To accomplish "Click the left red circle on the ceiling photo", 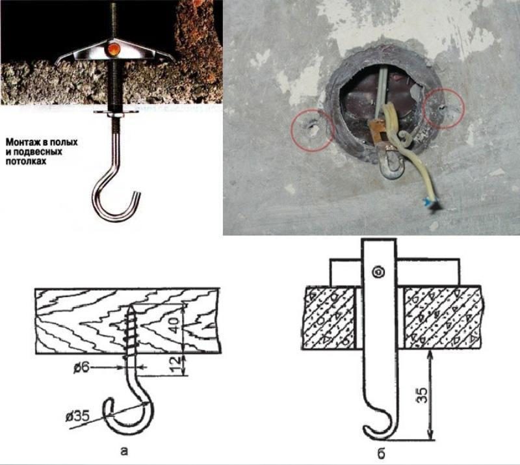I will coord(313,129).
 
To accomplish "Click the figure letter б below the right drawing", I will coord(381,451).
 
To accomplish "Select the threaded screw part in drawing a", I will coord(132,332).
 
